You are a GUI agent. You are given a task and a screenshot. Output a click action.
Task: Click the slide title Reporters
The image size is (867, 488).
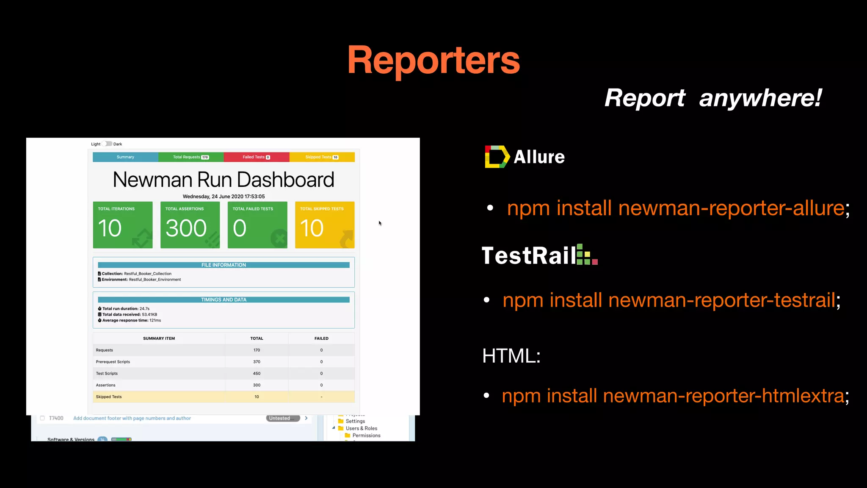pos(433,61)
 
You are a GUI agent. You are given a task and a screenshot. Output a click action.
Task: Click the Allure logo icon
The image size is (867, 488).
pos(497,157)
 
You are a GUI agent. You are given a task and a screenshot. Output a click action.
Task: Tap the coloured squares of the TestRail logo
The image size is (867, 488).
pos(587,255)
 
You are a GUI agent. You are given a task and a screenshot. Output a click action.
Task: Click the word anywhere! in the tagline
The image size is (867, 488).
pos(760,98)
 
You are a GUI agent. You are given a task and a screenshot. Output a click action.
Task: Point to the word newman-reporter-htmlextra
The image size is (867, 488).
pos(723,396)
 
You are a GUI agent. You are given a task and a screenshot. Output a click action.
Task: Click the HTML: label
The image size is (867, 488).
pos(511,356)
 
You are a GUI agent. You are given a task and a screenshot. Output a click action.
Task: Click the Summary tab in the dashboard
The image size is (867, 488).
pos(125,157)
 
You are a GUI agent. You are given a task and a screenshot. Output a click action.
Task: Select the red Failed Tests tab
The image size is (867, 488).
pos(256,157)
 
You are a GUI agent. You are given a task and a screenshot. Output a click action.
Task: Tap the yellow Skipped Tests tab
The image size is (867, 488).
pos(322,157)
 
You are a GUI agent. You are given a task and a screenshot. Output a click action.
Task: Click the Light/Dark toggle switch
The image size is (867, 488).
pos(108,144)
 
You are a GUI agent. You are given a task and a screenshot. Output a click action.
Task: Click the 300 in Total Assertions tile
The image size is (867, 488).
pos(186,228)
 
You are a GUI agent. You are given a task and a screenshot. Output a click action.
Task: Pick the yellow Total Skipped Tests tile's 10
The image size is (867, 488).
pos(312,228)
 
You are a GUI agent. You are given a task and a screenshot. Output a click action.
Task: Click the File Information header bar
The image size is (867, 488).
pos(224,265)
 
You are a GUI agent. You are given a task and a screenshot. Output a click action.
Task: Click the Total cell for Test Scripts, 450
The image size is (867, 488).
pos(257,374)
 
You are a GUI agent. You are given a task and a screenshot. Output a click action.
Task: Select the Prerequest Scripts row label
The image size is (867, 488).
pos(113,362)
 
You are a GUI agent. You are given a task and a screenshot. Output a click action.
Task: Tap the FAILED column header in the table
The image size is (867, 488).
pos(321,338)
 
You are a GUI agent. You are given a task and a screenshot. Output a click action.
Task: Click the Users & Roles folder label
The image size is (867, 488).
pos(361,428)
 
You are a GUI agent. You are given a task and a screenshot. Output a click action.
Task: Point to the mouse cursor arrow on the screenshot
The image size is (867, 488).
pos(380,223)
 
